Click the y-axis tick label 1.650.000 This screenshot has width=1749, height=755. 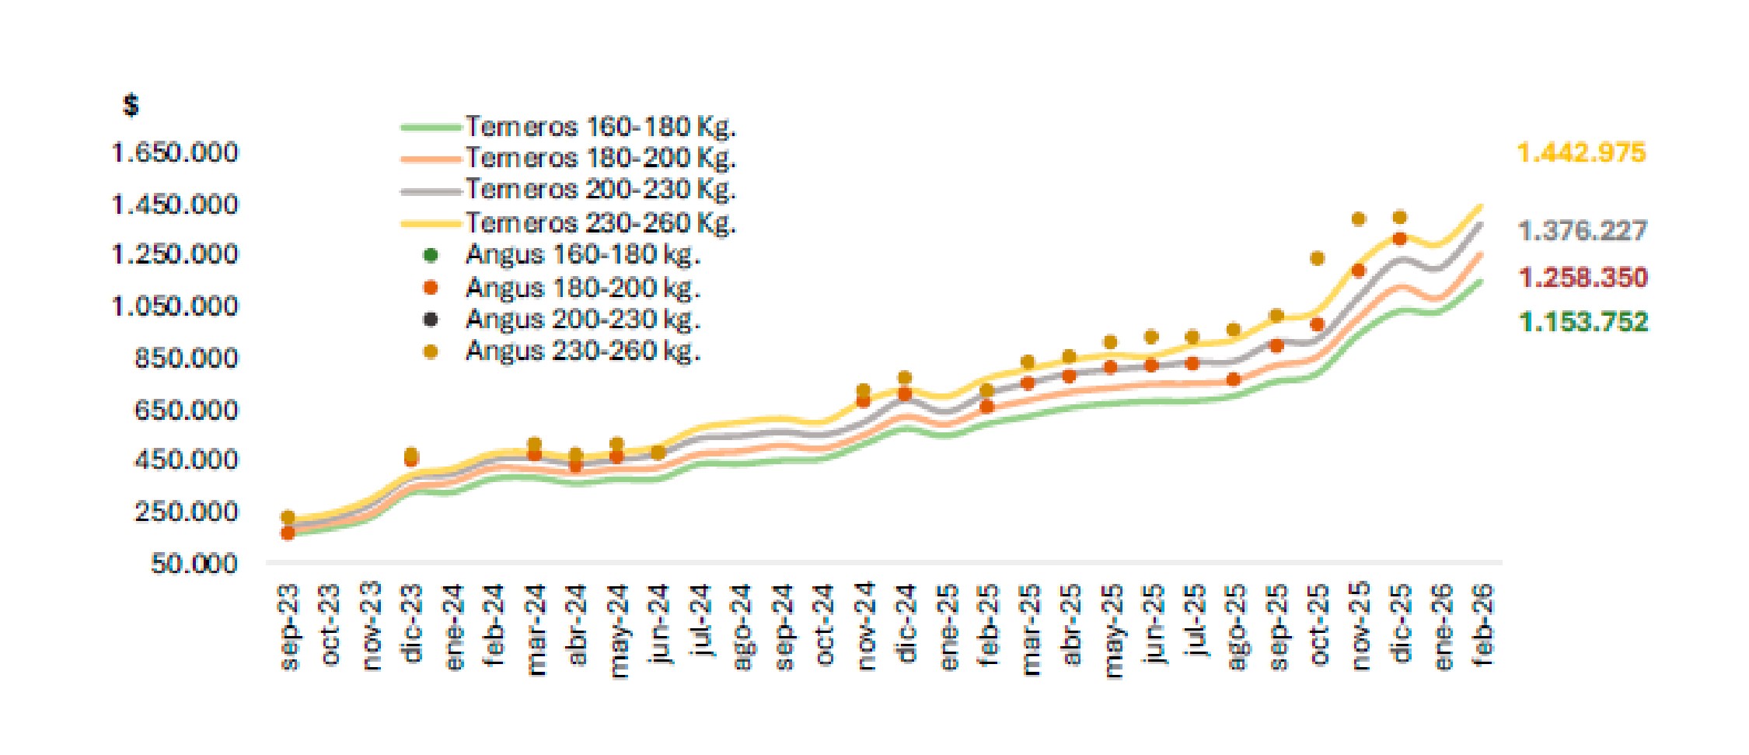175,152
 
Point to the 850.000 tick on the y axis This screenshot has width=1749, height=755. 186,358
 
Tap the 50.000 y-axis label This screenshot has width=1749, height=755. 194,563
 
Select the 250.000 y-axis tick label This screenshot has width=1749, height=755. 186,512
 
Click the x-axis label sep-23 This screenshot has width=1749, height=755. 288,626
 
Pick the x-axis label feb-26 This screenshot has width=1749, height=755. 1483,626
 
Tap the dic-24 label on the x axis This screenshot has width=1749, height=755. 906,623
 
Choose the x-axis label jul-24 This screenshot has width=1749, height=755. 701,623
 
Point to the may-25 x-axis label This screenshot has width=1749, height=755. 1113,631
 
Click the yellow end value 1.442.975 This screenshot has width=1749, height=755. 1581,153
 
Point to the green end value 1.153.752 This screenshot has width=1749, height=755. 1583,322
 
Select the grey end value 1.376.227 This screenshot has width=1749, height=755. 1582,231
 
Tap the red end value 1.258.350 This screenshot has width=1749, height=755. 1583,278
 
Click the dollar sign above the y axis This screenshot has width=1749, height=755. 131,105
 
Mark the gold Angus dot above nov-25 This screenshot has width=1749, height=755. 1359,219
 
